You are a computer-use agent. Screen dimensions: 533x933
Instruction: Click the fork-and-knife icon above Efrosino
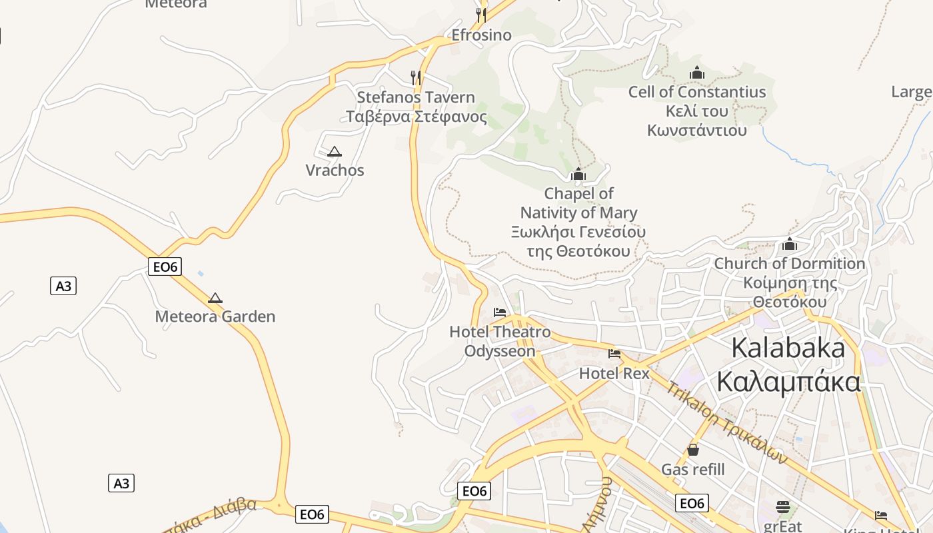tap(480, 15)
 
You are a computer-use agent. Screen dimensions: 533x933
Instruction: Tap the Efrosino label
tap(481, 35)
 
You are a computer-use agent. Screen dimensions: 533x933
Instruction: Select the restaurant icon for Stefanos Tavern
tap(416, 77)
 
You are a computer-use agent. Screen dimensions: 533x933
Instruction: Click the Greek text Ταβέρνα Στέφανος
tap(416, 117)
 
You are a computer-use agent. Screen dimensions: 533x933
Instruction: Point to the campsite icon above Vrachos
tap(335, 151)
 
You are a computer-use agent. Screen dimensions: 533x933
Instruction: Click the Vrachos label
tap(335, 171)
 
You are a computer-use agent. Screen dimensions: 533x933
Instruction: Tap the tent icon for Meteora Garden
tap(215, 298)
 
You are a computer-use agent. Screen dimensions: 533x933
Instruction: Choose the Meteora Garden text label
tap(215, 316)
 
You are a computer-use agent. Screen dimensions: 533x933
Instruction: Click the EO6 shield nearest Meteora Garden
tap(165, 267)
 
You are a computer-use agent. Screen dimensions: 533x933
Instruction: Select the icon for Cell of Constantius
tap(697, 72)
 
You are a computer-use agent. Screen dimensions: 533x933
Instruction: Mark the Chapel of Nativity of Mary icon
tap(578, 174)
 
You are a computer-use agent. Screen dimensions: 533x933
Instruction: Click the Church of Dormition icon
tap(790, 244)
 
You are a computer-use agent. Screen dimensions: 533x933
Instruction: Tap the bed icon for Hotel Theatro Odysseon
tap(500, 312)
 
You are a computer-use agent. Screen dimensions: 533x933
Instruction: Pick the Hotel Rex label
tap(614, 373)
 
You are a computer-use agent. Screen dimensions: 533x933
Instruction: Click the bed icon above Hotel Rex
tap(614, 354)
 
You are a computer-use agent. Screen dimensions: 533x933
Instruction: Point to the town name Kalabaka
tap(788, 348)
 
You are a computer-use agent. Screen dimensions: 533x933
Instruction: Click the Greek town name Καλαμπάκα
tap(788, 382)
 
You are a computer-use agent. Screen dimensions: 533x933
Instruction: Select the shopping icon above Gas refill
tap(693, 450)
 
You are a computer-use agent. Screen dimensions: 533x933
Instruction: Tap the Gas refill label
tap(693, 470)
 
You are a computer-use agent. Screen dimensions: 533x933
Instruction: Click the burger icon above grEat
tap(783, 507)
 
